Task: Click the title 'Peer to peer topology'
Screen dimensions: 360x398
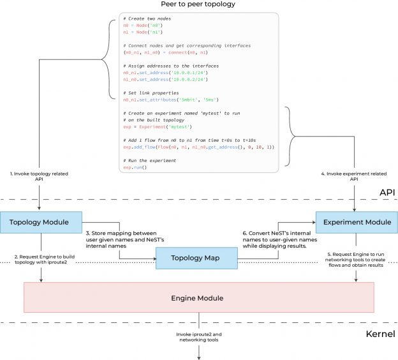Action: [198, 4]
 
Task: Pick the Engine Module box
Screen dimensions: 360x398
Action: [198, 297]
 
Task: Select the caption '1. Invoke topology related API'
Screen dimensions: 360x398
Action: [40, 176]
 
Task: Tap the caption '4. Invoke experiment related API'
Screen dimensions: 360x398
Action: [355, 176]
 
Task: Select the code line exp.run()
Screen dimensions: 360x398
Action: [135, 167]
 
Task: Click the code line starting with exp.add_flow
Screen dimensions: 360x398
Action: [198, 147]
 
